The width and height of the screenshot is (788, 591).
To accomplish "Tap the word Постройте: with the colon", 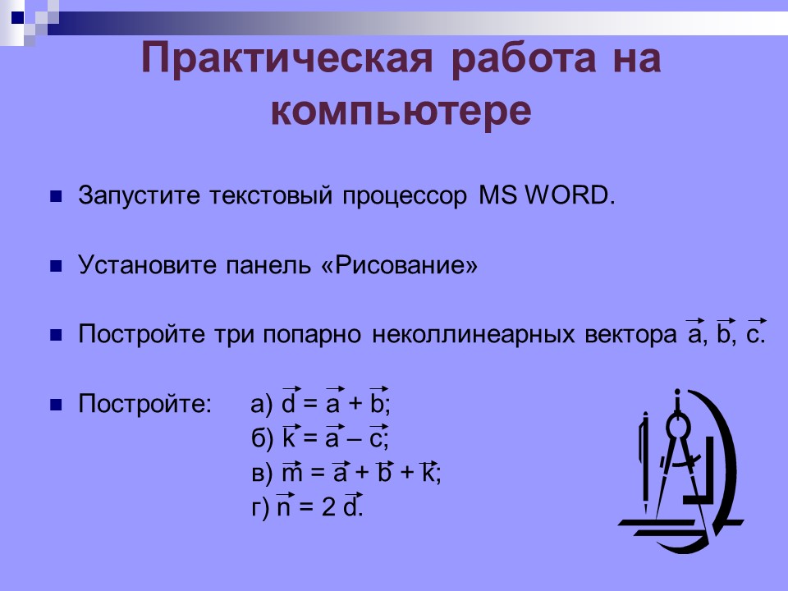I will [144, 405].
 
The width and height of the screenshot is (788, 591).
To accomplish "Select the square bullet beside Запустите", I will [57, 197].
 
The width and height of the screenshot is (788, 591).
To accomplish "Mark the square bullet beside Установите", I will [57, 267].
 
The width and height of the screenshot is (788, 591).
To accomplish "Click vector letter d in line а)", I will [289, 405].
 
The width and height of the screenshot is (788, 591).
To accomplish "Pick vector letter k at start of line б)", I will [289, 439].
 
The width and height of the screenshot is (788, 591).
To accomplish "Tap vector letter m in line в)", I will [292, 474].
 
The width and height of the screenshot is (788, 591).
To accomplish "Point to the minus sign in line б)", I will [355, 440].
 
